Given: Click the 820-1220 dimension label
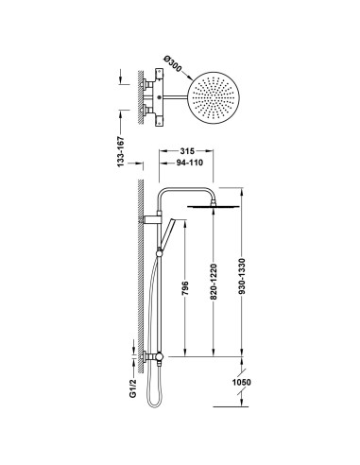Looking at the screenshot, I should [216, 281].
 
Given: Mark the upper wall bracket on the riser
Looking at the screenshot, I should [149, 219].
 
